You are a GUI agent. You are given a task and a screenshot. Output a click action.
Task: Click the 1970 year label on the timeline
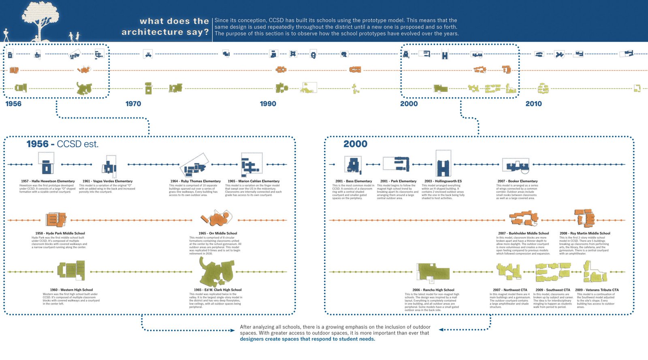[x=133, y=104]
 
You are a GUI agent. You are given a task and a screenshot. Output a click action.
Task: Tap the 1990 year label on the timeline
[x=268, y=104]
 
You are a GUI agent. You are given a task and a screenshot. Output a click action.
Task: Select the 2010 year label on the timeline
[x=533, y=104]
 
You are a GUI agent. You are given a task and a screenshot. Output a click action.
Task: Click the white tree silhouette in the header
[x=40, y=18]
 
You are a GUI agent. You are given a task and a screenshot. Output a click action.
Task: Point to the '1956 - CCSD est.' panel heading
[x=62, y=144]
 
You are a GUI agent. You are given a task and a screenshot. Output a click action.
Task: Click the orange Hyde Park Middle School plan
[x=55, y=219]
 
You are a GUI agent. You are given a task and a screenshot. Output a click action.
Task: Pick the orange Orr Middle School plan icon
[x=217, y=219]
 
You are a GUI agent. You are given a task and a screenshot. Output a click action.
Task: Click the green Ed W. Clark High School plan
[x=216, y=272]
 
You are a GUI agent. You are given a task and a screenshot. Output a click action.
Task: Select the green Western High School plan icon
[x=71, y=271]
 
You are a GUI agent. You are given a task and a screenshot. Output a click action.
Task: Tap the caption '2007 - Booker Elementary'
[x=517, y=181]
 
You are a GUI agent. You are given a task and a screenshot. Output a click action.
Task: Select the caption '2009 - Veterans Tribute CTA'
[x=597, y=290]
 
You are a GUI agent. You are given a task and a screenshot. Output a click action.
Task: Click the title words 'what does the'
[x=174, y=21]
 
